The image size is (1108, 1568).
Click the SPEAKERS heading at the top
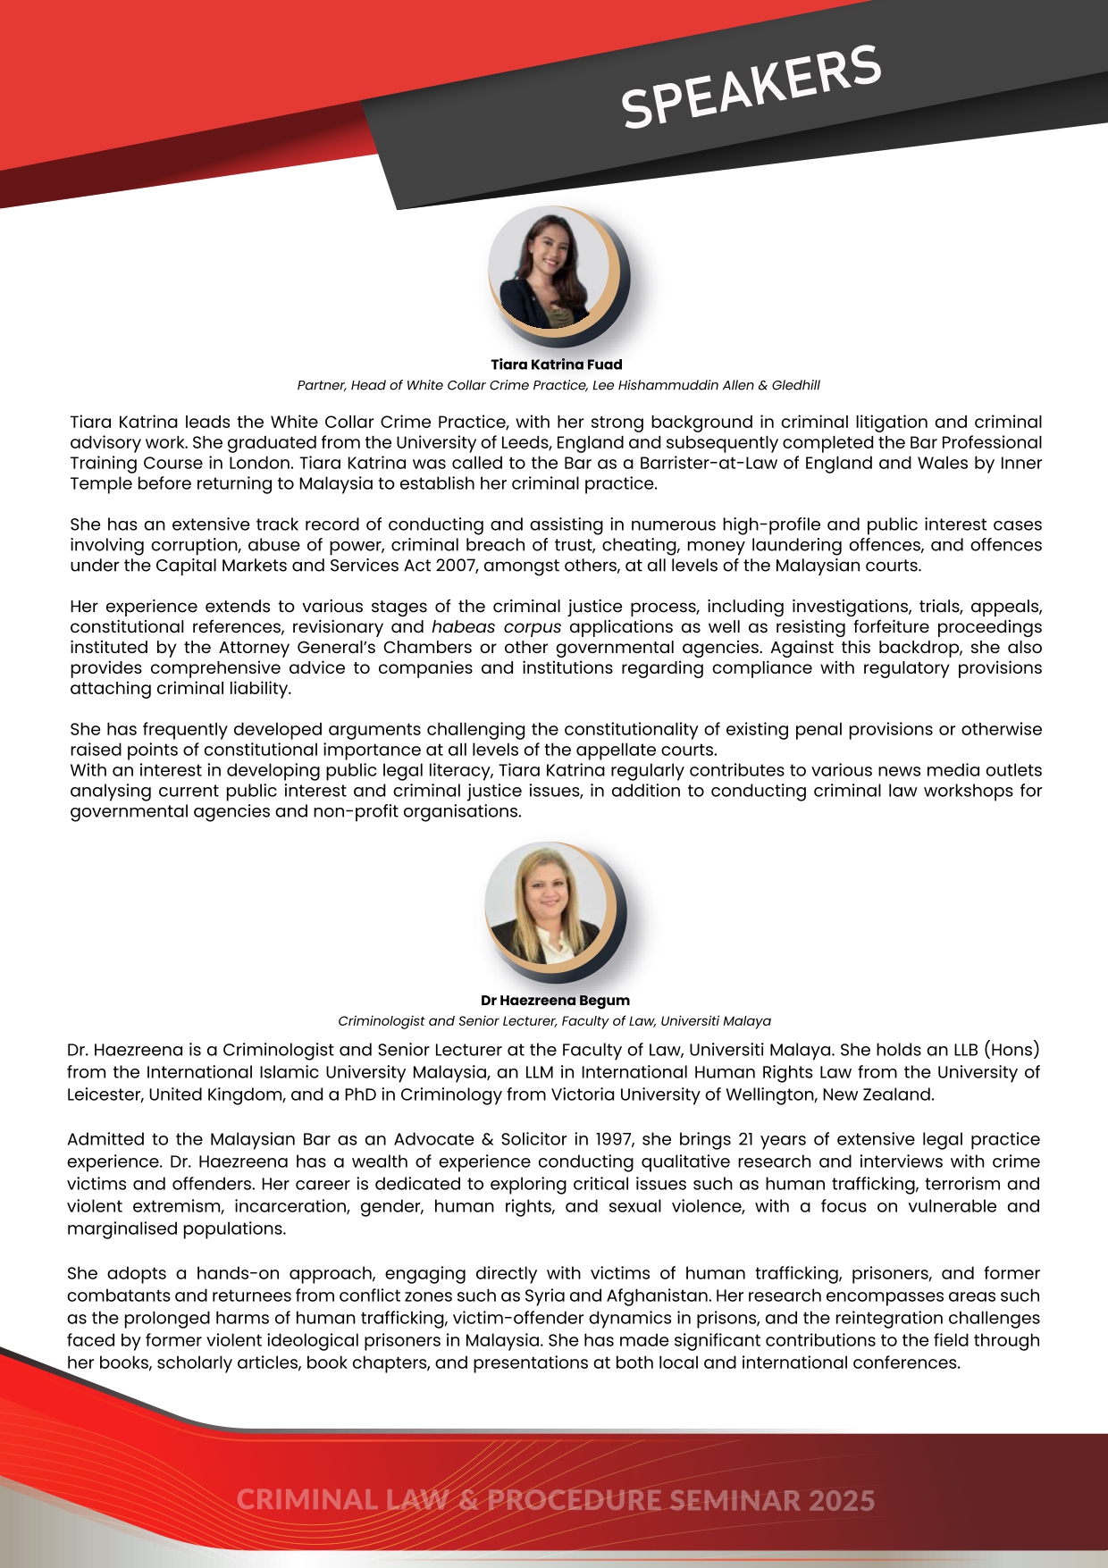(751, 87)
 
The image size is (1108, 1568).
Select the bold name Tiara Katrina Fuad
(556, 365)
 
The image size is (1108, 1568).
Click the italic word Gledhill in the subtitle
(795, 385)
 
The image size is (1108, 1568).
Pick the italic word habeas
(463, 627)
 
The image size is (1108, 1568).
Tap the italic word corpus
(532, 627)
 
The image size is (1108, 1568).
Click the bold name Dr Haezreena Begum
(555, 1001)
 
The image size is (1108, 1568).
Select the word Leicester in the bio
(104, 1094)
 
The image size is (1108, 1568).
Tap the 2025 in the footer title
(841, 1499)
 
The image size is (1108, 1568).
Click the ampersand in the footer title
(468, 1499)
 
